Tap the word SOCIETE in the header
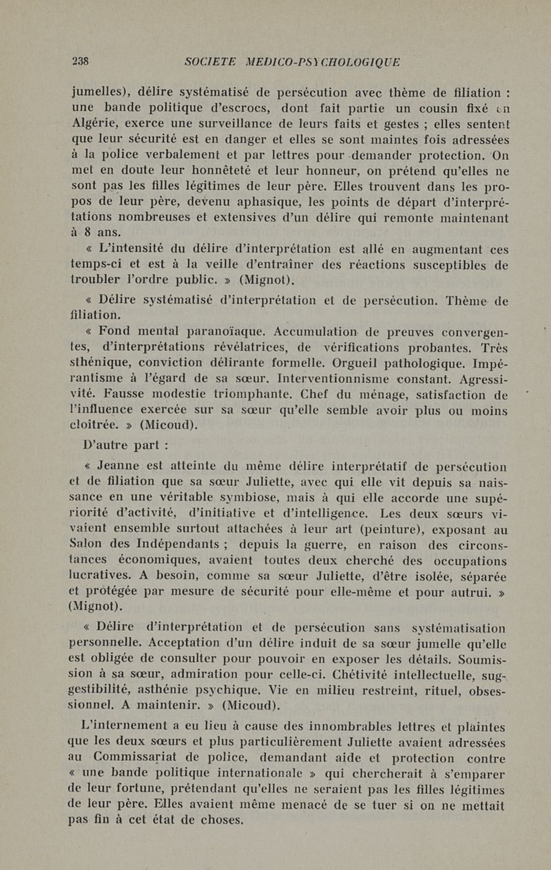(x=211, y=62)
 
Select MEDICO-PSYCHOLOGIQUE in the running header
(x=323, y=62)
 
